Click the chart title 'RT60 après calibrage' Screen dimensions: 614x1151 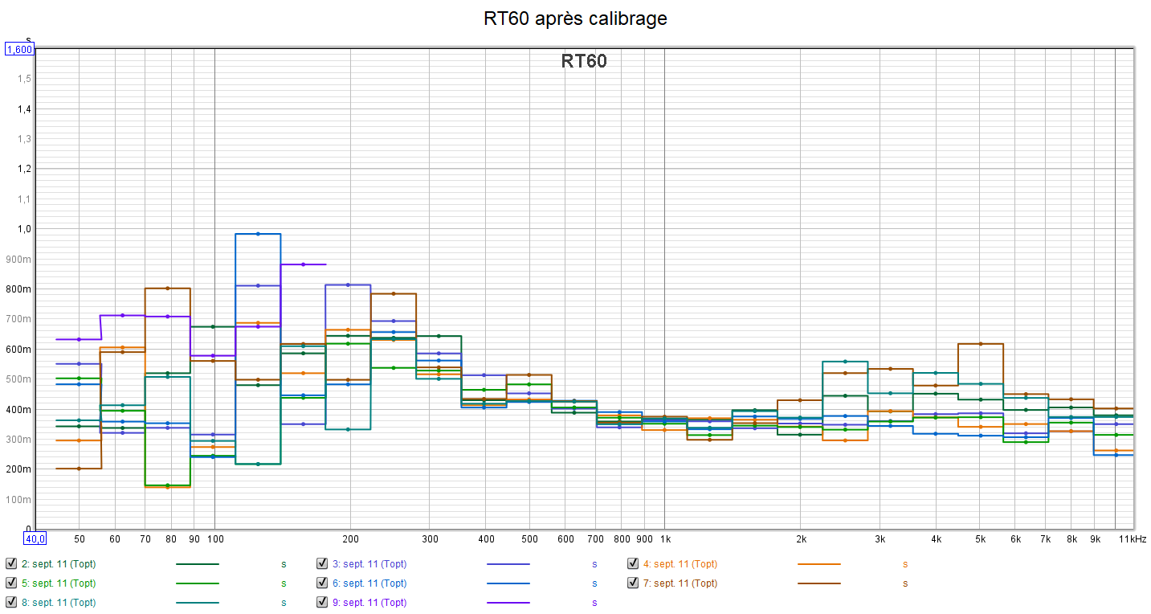575,18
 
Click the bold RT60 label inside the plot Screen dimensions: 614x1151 584,62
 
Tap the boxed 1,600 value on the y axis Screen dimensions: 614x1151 19,50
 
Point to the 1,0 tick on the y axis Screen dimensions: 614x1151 25,229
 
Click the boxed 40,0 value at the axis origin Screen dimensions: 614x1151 35,539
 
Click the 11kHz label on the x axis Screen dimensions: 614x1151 1133,539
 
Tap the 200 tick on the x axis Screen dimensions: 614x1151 350,539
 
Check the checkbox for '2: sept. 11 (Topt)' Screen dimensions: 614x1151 10,564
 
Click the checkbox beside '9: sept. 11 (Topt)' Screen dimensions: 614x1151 321,602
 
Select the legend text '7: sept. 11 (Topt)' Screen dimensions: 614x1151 685,583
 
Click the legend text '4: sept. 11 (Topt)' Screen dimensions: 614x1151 685,564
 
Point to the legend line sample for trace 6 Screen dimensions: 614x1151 508,583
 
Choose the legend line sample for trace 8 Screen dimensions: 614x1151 198,602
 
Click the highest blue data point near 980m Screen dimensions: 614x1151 258,234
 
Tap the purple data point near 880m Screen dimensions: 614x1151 303,264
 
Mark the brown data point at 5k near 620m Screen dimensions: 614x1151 980,344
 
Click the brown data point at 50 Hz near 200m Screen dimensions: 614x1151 79,469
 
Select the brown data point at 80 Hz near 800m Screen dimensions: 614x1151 167,289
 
